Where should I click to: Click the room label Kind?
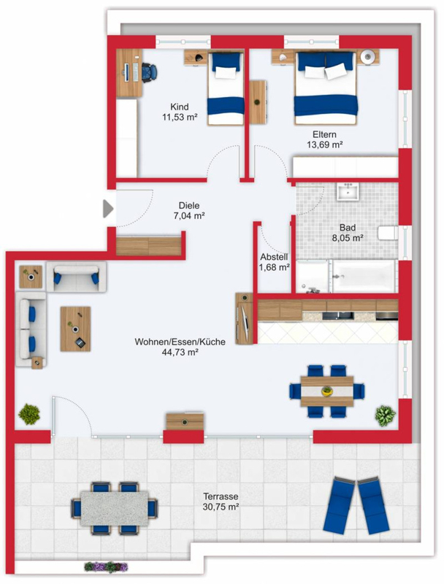[x=180, y=107]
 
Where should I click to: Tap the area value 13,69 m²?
[x=325, y=145]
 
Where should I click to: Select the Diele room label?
[x=189, y=205]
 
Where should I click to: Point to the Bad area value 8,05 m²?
[x=348, y=238]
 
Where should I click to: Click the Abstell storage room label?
[x=274, y=257]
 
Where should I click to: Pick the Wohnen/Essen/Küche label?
[x=180, y=342]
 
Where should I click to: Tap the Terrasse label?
[x=221, y=496]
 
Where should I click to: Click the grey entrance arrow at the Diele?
[x=108, y=209]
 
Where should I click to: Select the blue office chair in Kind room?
[x=149, y=72]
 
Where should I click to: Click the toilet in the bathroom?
[x=388, y=233]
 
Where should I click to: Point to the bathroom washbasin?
[x=348, y=191]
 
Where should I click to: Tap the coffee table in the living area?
[x=76, y=329]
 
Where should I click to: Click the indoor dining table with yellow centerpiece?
[x=327, y=391]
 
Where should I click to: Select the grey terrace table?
[x=115, y=508]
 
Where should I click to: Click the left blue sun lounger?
[x=340, y=504]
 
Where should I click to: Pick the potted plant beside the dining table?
[x=385, y=415]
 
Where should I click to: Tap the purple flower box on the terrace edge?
[x=106, y=567]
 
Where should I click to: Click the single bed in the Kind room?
[x=226, y=88]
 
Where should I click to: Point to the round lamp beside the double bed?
[x=367, y=57]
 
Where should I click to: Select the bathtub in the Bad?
[x=364, y=277]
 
